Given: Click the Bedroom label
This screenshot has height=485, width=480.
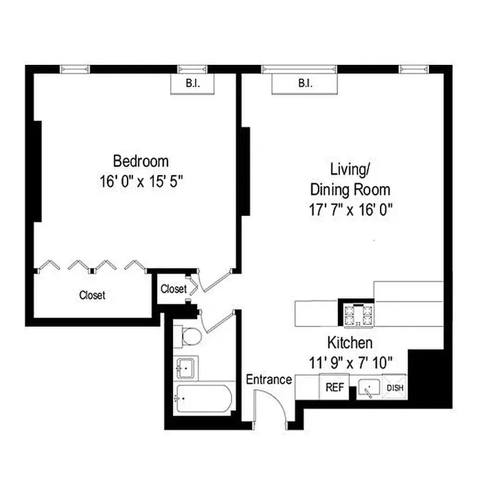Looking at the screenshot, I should click(141, 161).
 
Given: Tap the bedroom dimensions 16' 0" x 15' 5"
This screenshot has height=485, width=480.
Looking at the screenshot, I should click(141, 181).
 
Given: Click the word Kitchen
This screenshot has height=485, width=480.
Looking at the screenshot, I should click(350, 343).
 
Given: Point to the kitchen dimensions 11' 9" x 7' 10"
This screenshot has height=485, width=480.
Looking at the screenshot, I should click(350, 362).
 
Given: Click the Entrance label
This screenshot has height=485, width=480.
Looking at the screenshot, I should click(269, 380).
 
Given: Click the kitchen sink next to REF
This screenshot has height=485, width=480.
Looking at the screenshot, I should click(368, 387).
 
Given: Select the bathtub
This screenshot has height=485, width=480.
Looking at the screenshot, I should click(204, 398).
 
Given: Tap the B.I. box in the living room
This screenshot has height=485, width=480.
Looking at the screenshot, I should click(305, 84).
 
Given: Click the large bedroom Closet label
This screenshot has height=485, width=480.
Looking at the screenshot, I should click(92, 295).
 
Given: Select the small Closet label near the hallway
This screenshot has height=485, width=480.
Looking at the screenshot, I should click(174, 289).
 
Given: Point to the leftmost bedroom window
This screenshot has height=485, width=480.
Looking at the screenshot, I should click(75, 69).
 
